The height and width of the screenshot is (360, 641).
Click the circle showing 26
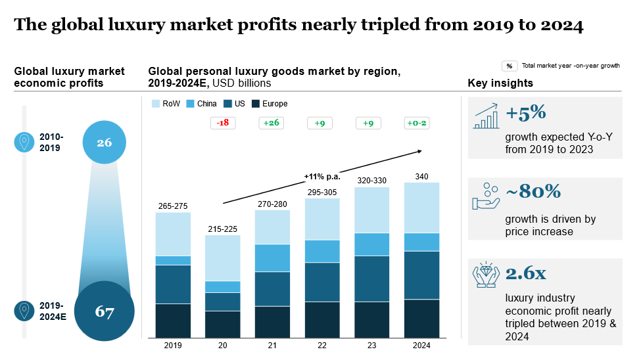click(105, 141)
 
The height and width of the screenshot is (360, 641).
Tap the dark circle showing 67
click(105, 311)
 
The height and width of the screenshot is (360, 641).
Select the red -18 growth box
click(223, 123)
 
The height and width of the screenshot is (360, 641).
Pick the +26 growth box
click(272, 123)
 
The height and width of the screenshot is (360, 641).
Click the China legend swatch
click(191, 104)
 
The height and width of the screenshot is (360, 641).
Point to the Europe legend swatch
click(256, 104)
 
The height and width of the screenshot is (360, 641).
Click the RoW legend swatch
click(156, 104)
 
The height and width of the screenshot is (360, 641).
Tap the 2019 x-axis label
click(173, 346)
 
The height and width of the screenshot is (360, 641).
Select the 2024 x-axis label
click(421, 346)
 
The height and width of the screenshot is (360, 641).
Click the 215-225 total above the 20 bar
click(222, 229)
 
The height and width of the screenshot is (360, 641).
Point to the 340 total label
click(421, 176)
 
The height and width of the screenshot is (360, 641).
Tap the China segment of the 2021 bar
click(272, 258)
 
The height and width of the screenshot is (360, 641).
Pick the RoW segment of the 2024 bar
click(421, 207)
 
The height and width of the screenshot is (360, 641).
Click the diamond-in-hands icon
click(486, 276)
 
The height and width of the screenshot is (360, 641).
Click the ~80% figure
click(533, 191)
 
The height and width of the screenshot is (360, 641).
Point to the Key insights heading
click(500, 83)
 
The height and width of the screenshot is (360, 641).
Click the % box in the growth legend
click(510, 66)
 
